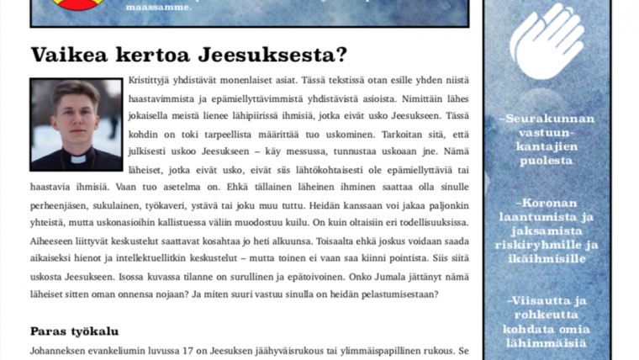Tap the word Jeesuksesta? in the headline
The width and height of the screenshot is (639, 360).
click(274, 56)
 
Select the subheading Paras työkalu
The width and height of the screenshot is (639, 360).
click(75, 331)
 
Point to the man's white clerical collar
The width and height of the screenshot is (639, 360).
click(77, 156)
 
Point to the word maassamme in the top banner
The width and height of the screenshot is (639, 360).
click(156, 7)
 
